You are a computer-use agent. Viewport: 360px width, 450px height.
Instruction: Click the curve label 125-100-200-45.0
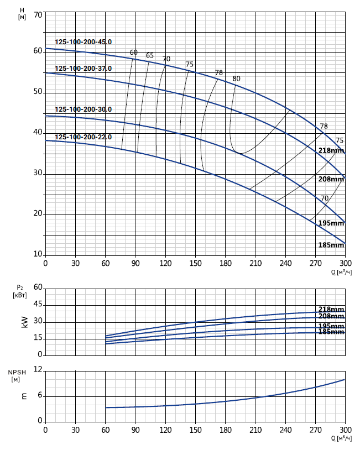83,42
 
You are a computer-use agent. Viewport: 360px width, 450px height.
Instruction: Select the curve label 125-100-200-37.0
83,69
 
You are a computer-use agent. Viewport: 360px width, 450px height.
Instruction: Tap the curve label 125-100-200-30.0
83,109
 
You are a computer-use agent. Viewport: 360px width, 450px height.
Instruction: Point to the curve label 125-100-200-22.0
83,137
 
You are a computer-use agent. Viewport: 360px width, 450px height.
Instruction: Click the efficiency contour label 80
237,79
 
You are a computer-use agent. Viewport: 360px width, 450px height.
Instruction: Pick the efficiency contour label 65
150,55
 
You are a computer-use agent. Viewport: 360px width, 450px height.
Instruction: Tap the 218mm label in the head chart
331,150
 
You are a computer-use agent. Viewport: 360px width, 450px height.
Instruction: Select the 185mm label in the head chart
331,245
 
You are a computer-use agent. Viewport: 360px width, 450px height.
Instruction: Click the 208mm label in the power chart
331,316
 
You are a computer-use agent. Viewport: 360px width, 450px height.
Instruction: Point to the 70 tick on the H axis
38,14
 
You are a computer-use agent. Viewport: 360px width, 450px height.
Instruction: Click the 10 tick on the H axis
38,255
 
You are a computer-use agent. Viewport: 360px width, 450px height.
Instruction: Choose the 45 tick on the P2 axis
38,305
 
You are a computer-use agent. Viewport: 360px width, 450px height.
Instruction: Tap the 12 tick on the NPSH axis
38,369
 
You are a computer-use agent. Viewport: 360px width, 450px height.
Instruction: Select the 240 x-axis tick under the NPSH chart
285,430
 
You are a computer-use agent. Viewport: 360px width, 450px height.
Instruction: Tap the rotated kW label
24,322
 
